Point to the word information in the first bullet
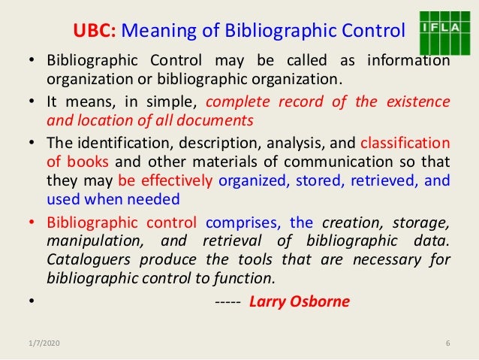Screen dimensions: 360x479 (406, 61)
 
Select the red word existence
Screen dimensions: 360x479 (417, 101)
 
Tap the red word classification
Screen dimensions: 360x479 (405, 142)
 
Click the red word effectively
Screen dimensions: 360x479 (177, 180)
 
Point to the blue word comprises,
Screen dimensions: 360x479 (244, 222)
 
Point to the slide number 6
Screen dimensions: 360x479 (447, 344)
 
